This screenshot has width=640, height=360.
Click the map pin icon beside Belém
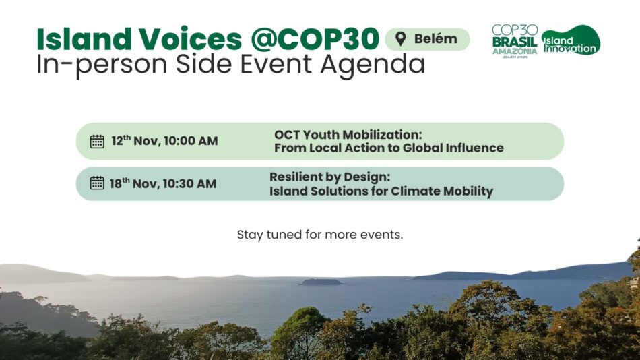tap(401, 39)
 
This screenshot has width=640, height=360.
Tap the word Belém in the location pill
tap(435, 39)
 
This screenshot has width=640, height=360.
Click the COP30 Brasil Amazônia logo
tap(514, 41)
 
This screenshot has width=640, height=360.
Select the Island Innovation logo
tap(571, 40)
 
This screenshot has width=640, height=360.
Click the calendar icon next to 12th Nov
tap(97, 142)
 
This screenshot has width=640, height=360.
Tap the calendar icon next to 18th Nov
tap(97, 183)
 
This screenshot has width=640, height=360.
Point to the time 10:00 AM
tap(191, 141)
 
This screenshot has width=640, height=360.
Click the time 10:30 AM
tap(189, 184)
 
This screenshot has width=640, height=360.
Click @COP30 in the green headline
tap(315, 39)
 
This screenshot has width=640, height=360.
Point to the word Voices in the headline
tap(190, 39)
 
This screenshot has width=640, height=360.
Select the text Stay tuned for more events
tap(320, 235)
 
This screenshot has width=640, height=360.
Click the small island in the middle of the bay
tap(321, 282)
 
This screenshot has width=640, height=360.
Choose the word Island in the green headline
tap(84, 39)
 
